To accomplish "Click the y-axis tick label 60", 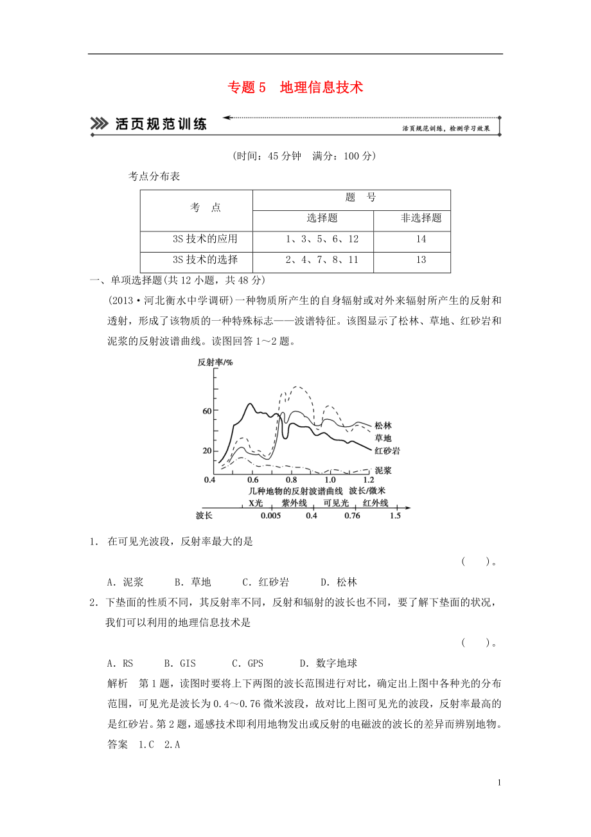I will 206,411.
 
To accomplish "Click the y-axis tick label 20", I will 206,451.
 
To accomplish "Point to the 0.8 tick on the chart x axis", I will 291,480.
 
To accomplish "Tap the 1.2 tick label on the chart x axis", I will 368,480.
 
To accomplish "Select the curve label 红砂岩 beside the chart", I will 387,451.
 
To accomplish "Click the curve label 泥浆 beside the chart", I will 383,471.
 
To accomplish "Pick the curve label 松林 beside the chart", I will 383,426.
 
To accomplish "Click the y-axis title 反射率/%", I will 215,363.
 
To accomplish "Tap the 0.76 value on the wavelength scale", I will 351,516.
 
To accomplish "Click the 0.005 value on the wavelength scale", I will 271,516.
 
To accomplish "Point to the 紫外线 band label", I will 294,503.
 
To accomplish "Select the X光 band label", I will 256,503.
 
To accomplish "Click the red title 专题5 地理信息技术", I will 295,87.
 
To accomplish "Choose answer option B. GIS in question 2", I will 180,663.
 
